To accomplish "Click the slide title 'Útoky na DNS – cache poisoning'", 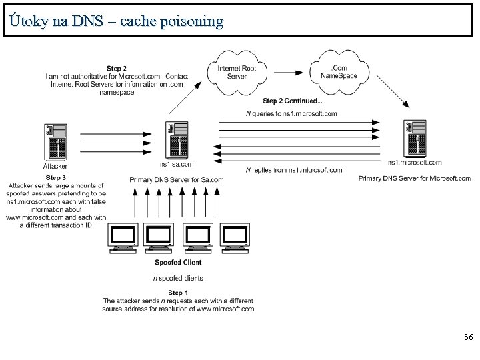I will tap(117, 21).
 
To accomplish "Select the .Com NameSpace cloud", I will tap(343, 71).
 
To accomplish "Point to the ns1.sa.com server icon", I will tap(177, 141).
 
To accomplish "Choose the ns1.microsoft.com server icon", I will tap(414, 140).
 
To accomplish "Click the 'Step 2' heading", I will tap(117, 68).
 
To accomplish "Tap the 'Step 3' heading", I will tap(55, 177).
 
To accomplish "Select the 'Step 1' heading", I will tap(178, 293).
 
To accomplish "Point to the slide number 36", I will tap(468, 339).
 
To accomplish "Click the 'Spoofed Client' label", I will tap(178, 263).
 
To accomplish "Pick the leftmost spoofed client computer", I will tap(123, 239).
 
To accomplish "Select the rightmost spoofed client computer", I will tap(235, 239).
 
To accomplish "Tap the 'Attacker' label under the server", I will tap(55, 166).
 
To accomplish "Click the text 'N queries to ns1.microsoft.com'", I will tap(291, 113).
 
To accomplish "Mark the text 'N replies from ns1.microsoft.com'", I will tap(294, 170).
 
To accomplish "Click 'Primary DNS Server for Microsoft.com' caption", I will tap(415, 179).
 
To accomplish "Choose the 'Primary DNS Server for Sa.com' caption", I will tap(177, 179).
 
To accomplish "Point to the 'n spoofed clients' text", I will tap(178, 278).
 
